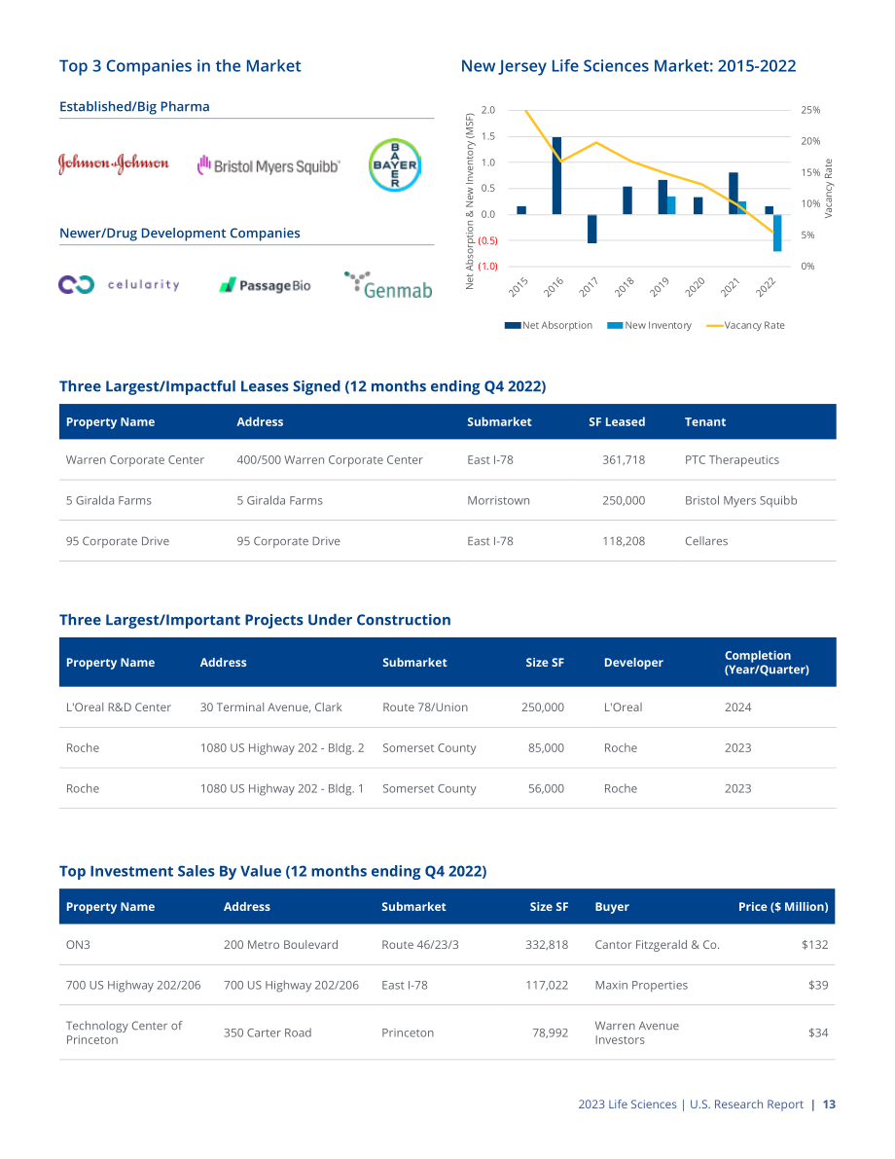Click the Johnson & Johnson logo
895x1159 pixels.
(113, 163)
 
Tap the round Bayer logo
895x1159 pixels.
(395, 164)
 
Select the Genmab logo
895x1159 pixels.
(388, 285)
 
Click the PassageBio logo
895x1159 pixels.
(265, 285)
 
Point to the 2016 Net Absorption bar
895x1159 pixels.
(556, 176)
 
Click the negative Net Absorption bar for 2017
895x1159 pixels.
(592, 229)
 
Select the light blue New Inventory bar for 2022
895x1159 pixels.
(777, 233)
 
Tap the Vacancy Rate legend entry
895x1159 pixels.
(746, 325)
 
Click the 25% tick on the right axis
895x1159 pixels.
(810, 110)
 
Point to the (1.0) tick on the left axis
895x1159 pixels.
(487, 266)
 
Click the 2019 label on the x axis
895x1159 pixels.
(660, 286)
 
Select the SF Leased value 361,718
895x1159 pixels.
(624, 459)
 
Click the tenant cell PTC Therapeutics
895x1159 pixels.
(732, 459)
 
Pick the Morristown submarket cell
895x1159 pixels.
(498, 500)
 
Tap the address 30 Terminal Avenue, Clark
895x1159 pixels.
(271, 707)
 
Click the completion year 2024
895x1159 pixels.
(737, 707)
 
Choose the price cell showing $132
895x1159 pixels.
(814, 945)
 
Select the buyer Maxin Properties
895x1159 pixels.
(641, 986)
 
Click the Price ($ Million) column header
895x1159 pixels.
(783, 907)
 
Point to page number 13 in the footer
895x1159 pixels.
(829, 1105)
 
